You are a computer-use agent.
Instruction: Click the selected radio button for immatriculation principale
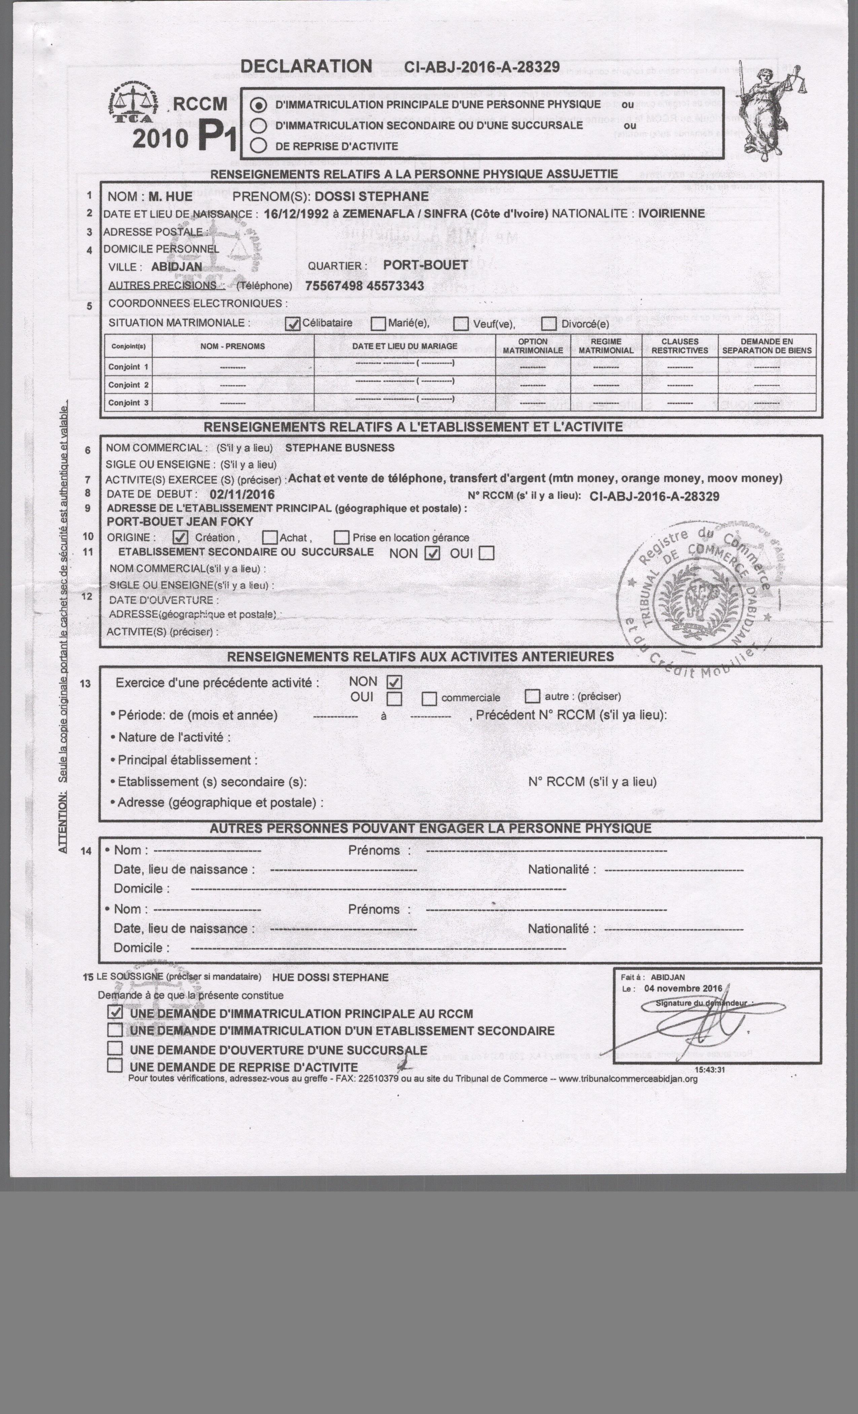click(259, 106)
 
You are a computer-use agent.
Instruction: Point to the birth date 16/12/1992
click(296, 214)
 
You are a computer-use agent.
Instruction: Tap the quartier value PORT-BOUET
click(426, 265)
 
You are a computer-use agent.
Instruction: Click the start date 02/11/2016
click(242, 495)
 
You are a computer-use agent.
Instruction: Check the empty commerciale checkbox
click(429, 698)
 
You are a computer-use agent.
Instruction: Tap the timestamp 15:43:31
click(710, 1070)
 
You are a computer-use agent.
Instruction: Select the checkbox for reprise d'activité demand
click(115, 1066)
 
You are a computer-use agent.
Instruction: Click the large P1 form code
click(217, 138)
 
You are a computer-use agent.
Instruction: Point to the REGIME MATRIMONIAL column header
click(606, 346)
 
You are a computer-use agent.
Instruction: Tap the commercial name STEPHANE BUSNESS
click(339, 448)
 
